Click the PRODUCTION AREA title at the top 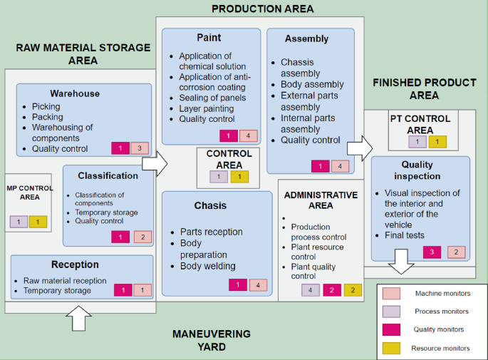tap(262, 9)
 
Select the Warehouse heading tap(75, 93)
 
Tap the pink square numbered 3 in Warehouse tap(140, 148)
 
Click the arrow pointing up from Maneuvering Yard tap(83, 318)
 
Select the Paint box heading tap(209, 37)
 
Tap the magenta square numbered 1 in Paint tap(229, 135)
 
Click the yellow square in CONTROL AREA tap(239, 177)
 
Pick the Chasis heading tap(210, 205)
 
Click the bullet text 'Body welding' tap(208, 266)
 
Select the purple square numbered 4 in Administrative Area tap(310, 290)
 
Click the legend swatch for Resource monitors tap(391, 349)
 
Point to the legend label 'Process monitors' tap(442, 312)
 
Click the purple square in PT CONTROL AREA tap(417, 142)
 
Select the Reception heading tap(75, 264)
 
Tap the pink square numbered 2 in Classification tap(142, 237)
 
